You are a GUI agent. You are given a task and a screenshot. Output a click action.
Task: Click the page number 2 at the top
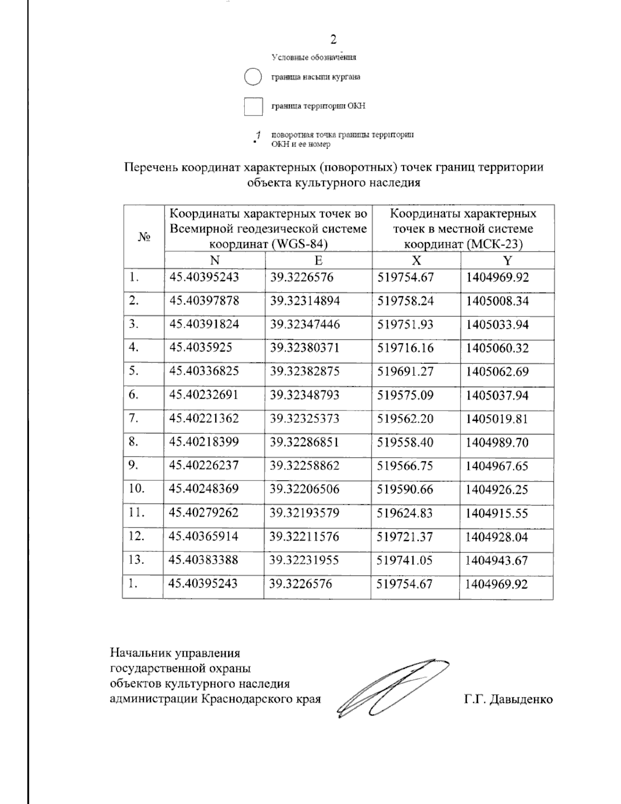tap(334, 40)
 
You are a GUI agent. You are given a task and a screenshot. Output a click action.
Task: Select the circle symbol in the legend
tap(253, 77)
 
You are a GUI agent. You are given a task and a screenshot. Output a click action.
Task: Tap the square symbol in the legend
tap(254, 106)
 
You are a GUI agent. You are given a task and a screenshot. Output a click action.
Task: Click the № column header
tap(144, 237)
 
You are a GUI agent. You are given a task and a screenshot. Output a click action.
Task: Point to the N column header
tap(214, 260)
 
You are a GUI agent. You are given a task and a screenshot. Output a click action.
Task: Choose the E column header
tap(318, 260)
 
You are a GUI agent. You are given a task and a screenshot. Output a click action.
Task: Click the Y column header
tap(507, 260)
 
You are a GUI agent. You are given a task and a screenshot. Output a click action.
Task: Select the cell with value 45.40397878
tap(204, 301)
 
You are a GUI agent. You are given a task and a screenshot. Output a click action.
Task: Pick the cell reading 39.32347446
tap(305, 325)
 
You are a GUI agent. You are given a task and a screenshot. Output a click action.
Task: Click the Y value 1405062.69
tap(497, 372)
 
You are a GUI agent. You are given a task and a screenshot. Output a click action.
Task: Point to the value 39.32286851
tap(305, 442)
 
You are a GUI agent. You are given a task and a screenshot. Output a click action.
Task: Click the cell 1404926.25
tap(497, 489)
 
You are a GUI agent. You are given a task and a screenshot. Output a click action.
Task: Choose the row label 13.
tap(136, 560)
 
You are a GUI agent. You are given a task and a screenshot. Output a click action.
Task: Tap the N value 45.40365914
tap(204, 536)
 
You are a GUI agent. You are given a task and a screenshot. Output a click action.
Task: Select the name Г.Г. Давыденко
tap(508, 699)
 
